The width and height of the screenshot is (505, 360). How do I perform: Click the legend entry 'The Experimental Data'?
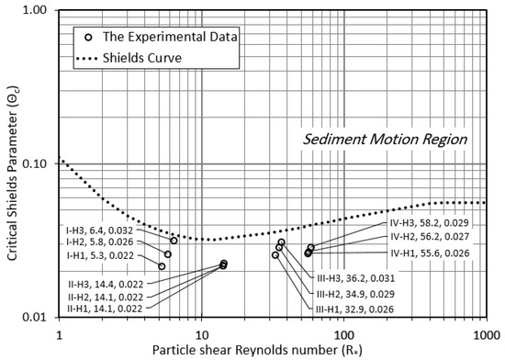point(158,38)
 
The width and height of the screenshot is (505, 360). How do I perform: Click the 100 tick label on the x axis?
point(343,332)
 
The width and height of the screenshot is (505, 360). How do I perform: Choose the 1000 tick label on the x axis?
point(485,332)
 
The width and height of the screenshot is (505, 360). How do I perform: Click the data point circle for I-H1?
point(162,265)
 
